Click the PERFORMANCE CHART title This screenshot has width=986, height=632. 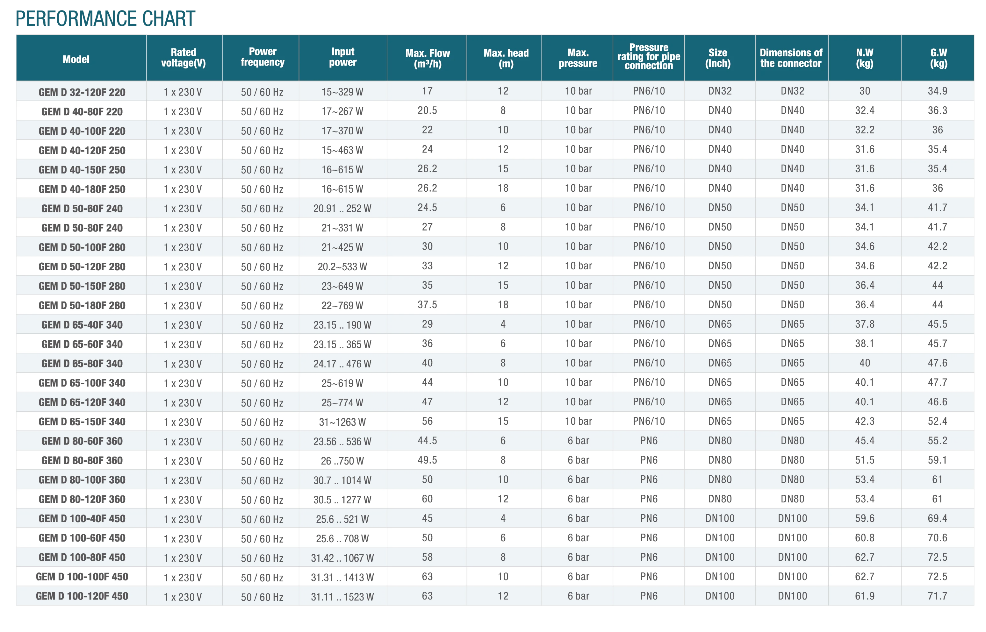(x=105, y=18)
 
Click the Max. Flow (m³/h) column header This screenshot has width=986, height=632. (x=427, y=58)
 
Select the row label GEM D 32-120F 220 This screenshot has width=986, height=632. (x=82, y=92)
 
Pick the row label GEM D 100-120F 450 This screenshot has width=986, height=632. (x=82, y=596)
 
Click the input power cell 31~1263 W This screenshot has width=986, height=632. (x=342, y=422)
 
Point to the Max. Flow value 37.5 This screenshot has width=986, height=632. (x=427, y=304)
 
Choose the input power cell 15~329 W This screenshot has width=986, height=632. (x=342, y=92)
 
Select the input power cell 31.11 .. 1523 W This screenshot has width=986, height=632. (x=342, y=597)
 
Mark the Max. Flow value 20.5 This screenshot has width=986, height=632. (x=427, y=110)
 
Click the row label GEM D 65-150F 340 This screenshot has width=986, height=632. (x=82, y=422)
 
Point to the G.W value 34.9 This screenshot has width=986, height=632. (x=937, y=91)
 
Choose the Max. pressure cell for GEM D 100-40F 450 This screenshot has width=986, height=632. (x=578, y=518)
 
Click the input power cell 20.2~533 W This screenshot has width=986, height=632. (x=342, y=267)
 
